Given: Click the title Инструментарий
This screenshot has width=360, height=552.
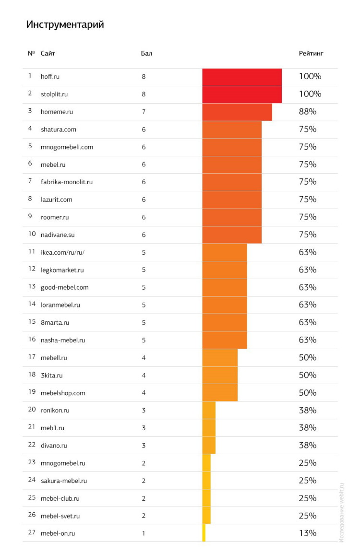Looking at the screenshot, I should (x=65, y=24).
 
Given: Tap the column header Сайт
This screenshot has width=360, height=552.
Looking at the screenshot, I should (x=48, y=53).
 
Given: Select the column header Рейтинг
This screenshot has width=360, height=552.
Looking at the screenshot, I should (x=311, y=53).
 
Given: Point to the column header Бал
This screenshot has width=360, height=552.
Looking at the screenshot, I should (x=146, y=53).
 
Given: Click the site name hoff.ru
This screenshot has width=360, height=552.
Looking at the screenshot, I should (x=50, y=77).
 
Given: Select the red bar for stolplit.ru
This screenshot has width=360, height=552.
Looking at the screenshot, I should (x=242, y=94).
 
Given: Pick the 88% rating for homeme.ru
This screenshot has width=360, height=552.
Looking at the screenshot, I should (x=307, y=112).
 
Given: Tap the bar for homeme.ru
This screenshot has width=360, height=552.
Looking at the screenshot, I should (x=237, y=112).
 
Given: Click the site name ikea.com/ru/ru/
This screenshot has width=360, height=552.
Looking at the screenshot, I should (x=62, y=252).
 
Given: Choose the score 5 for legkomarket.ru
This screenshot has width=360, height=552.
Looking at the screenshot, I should (x=144, y=270).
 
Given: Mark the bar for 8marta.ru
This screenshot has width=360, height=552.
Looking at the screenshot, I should (x=225, y=322).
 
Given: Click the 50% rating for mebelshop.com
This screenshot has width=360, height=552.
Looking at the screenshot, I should (x=307, y=393).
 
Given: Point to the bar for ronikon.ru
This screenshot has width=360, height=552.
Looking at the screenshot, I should (x=209, y=411).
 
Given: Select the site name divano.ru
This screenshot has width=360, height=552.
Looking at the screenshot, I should (x=54, y=446).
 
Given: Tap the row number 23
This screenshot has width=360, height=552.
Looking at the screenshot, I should (x=32, y=463).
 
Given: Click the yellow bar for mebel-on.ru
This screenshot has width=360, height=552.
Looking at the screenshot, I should (x=204, y=533).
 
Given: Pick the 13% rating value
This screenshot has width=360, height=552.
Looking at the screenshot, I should (x=307, y=533).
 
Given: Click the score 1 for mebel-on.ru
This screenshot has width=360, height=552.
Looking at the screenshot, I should (x=144, y=533).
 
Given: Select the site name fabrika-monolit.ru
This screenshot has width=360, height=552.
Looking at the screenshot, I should (x=67, y=182).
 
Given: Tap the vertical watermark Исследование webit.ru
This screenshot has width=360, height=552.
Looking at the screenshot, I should (x=342, y=512).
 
